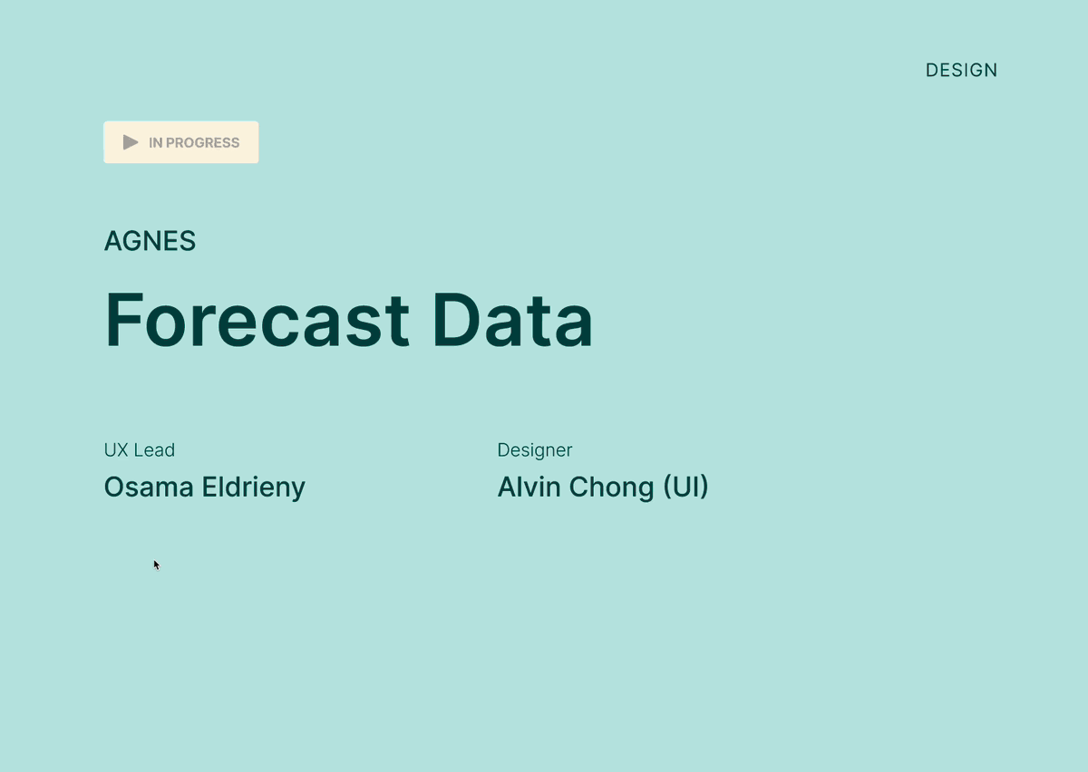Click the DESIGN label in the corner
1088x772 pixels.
point(961,71)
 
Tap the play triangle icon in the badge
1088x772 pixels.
point(131,142)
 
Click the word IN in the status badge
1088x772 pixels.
point(155,143)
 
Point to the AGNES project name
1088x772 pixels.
point(151,241)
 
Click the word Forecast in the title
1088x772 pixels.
point(257,320)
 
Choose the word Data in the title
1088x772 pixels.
point(512,320)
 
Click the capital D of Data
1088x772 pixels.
point(455,320)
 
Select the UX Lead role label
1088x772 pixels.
point(140,450)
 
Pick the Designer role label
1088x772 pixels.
point(535,450)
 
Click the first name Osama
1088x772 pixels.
point(149,487)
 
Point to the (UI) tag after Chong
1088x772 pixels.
point(685,487)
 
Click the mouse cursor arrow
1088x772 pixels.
point(156,565)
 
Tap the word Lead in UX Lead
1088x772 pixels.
point(154,450)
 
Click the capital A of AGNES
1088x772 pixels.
point(113,241)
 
